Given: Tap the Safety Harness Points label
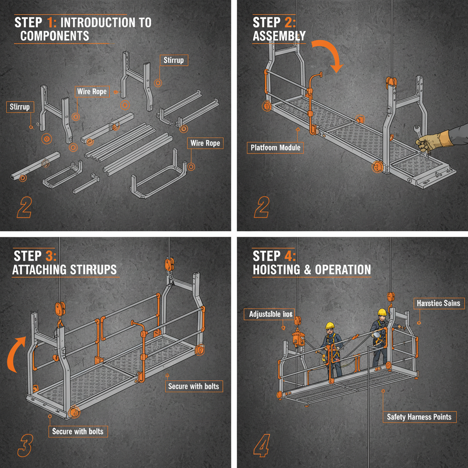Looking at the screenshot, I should pos(419,417).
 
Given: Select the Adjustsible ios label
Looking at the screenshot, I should pos(271,314).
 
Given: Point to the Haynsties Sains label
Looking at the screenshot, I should pos(440,303).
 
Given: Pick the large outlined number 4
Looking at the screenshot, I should pos(261,446).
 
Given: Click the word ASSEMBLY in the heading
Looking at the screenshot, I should pos(279,36).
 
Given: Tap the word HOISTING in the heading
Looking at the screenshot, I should pos(276,270).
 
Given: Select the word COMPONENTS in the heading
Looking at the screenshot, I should pos(55,36).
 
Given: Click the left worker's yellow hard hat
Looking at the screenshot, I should pos(330,325).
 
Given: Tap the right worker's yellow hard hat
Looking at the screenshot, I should pos(382,312).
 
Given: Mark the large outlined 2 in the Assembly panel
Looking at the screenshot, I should pos(261,207).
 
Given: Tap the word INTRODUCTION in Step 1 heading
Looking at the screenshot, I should pos(106,22).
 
